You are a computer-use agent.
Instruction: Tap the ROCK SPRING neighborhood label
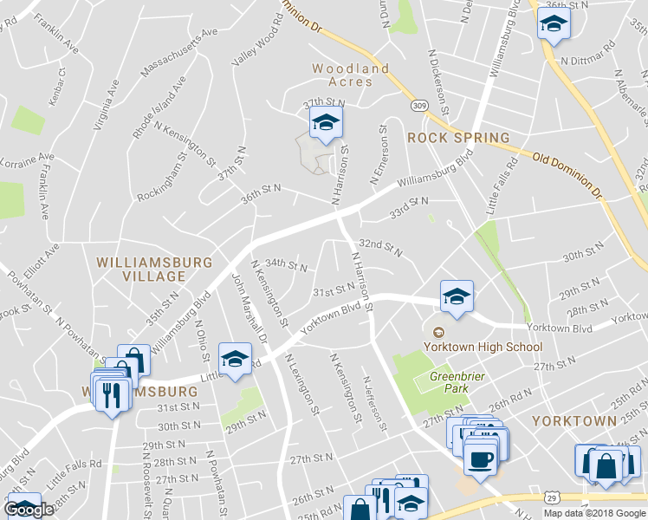click(x=458, y=138)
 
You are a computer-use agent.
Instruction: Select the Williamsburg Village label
click(x=142, y=269)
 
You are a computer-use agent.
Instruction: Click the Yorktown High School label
click(x=483, y=347)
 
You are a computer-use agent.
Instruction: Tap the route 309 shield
click(x=419, y=106)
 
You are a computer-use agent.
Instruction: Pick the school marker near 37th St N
click(x=326, y=123)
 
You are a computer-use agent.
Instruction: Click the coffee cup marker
click(x=479, y=458)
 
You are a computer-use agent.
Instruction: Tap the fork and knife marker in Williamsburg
click(x=111, y=396)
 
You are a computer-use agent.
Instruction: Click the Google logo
click(x=29, y=510)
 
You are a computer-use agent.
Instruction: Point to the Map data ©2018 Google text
click(x=595, y=513)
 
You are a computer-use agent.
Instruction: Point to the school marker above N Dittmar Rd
click(x=552, y=25)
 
